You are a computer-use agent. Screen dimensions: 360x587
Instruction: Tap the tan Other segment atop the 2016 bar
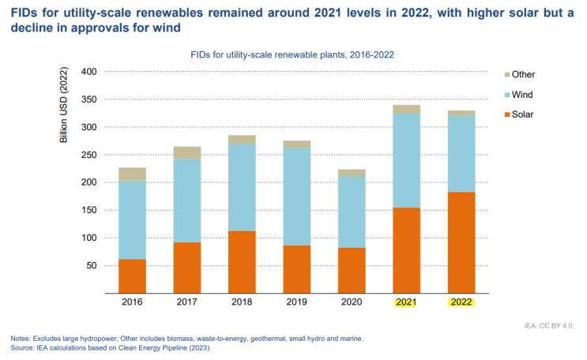[132, 174]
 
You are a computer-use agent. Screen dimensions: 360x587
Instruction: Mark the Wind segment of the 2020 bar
[352, 212]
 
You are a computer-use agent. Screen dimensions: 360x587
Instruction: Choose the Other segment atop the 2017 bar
[187, 152]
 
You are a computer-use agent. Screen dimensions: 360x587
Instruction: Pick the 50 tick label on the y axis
[91, 265]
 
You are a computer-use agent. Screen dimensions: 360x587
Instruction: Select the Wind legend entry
[522, 95]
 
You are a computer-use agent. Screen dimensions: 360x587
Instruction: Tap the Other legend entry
[523, 74]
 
